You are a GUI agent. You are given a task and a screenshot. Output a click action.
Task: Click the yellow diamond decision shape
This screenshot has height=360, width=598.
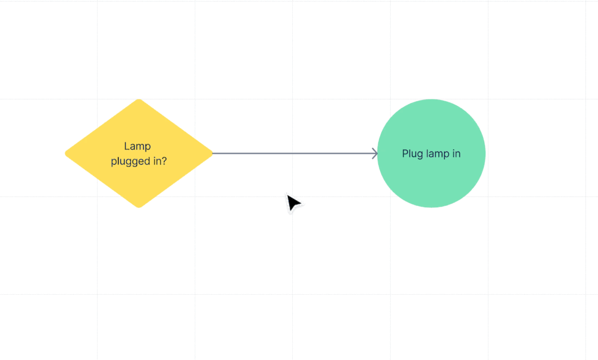[139, 180]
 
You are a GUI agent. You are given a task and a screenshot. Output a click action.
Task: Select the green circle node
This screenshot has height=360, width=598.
[431, 180]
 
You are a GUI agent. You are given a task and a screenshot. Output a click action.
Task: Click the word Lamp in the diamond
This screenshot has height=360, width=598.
[138, 146]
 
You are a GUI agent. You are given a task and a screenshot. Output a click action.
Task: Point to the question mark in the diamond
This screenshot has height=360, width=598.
[164, 161]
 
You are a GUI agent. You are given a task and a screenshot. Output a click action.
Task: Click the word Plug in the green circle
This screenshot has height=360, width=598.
[412, 153]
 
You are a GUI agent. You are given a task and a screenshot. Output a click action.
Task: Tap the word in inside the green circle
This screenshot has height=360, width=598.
[456, 153]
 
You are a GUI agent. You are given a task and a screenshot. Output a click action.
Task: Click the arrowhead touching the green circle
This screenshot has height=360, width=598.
[375, 153]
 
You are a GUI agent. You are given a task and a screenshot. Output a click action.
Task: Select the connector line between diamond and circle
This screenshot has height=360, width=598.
[293, 153]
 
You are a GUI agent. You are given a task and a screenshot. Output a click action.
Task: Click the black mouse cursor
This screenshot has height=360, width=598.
[293, 204]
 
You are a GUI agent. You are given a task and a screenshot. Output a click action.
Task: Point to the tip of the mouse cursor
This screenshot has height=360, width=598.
[288, 195]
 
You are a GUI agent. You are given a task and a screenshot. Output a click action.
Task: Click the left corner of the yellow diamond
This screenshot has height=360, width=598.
[66, 153]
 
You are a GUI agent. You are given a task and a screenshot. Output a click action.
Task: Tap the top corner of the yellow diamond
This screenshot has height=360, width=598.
[139, 100]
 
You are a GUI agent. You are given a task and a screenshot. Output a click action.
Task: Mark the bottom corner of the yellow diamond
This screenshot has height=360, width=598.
[139, 207]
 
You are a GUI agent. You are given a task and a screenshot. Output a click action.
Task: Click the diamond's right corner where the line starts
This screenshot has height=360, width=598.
[211, 153]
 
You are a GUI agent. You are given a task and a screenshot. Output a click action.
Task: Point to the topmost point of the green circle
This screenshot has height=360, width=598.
[431, 100]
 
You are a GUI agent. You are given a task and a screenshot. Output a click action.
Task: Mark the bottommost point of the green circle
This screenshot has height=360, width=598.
[431, 207]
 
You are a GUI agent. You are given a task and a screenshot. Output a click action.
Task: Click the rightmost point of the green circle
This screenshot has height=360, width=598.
[484, 153]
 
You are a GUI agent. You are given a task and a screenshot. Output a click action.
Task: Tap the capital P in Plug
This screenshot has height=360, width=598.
[405, 153]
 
